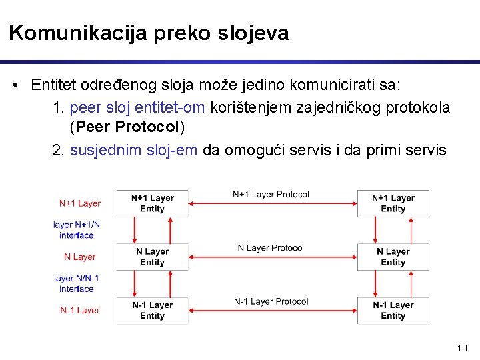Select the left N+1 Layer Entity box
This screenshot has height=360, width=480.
tap(152, 203)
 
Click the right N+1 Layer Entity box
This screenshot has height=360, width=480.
tap(393, 203)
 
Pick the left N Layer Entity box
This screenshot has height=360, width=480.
tap(152, 257)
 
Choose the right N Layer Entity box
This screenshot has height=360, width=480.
tap(393, 257)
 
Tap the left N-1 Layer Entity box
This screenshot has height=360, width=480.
tap(152, 310)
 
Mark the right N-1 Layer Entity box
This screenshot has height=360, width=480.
tap(393, 310)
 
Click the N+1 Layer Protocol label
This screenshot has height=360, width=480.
tap(271, 195)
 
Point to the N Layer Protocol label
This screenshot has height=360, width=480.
tap(271, 248)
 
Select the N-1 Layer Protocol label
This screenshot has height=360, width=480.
tap(271, 301)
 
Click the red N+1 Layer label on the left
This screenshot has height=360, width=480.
tap(80, 203)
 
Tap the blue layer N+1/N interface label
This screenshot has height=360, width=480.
tap(77, 230)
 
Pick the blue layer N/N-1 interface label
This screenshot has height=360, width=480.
tap(77, 283)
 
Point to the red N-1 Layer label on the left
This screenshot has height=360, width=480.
tap(80, 310)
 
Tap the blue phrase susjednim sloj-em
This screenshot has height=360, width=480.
tap(133, 150)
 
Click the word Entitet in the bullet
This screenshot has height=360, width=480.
tap(53, 85)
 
